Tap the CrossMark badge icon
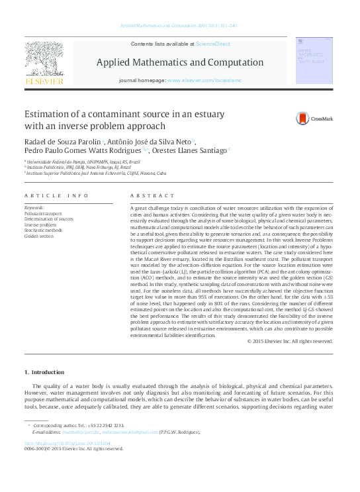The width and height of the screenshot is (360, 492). tap(304, 119)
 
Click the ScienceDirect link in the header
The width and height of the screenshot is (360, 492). tap(213, 43)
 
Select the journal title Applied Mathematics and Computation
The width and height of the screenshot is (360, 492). tap(180, 62)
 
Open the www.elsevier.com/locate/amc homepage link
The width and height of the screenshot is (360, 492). tap(205, 79)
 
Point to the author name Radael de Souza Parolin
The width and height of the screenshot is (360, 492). tap(62, 142)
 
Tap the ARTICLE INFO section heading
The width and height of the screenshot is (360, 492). tap(56, 196)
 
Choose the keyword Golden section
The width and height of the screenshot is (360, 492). tap(38, 236)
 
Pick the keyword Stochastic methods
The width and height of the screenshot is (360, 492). tap(43, 230)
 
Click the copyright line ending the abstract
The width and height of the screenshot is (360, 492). tap(290, 341)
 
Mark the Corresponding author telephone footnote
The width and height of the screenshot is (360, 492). tap(78, 425)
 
